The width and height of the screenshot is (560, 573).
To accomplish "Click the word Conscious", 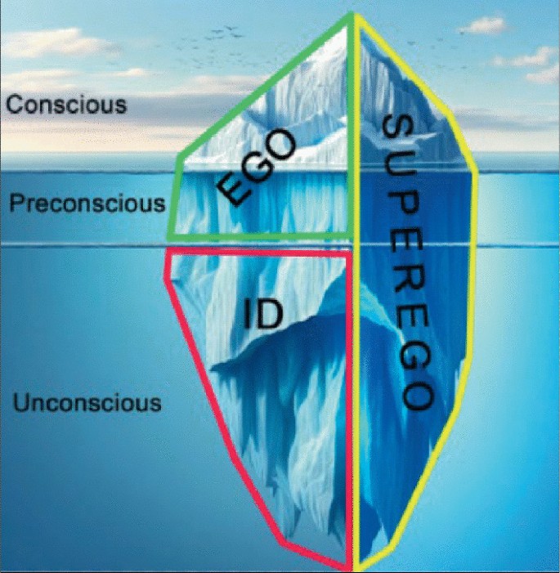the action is click(x=66, y=105).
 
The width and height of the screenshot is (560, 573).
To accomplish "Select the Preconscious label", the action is click(x=87, y=204).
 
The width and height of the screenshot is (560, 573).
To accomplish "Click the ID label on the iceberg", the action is click(x=262, y=314).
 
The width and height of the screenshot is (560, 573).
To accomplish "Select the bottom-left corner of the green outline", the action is click(x=169, y=237).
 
